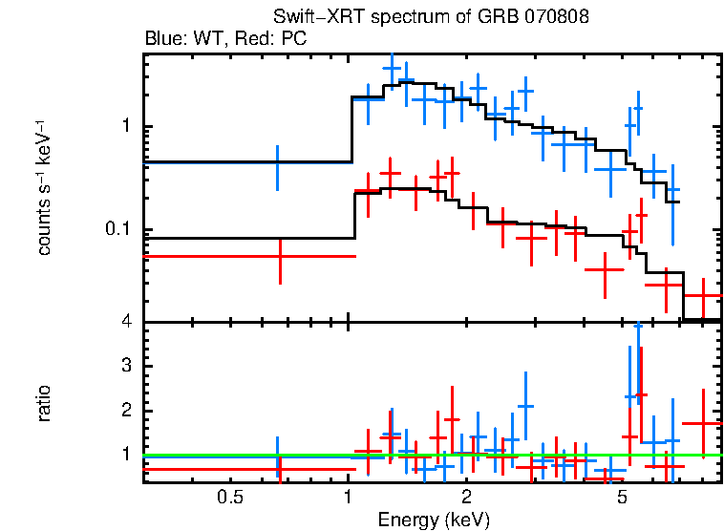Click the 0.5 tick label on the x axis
227,497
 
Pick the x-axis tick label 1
348,497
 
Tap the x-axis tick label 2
466,497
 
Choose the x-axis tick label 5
622,497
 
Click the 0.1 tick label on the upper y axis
118,230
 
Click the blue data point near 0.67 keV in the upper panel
278,167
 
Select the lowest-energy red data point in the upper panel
279,256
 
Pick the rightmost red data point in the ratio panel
703,423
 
